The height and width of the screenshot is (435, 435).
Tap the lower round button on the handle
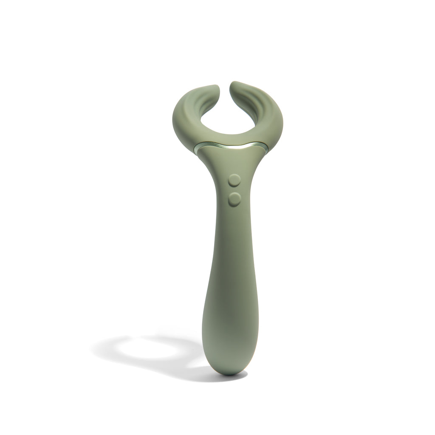point(233,198)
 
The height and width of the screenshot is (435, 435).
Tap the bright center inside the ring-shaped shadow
point(144,348)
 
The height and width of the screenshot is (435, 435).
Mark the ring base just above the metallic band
point(229,138)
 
